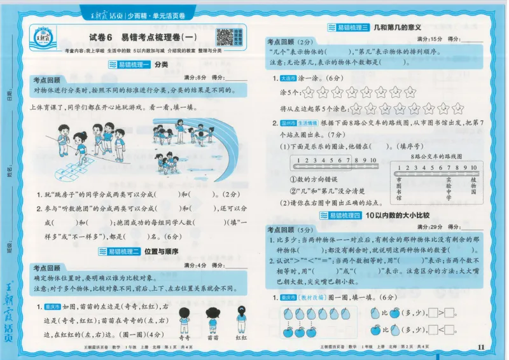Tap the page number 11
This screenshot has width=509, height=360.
point(480,346)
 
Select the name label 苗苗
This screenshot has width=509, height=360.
point(213,337)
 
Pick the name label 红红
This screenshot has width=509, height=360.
point(241,337)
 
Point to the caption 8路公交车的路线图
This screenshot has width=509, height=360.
point(435,156)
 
